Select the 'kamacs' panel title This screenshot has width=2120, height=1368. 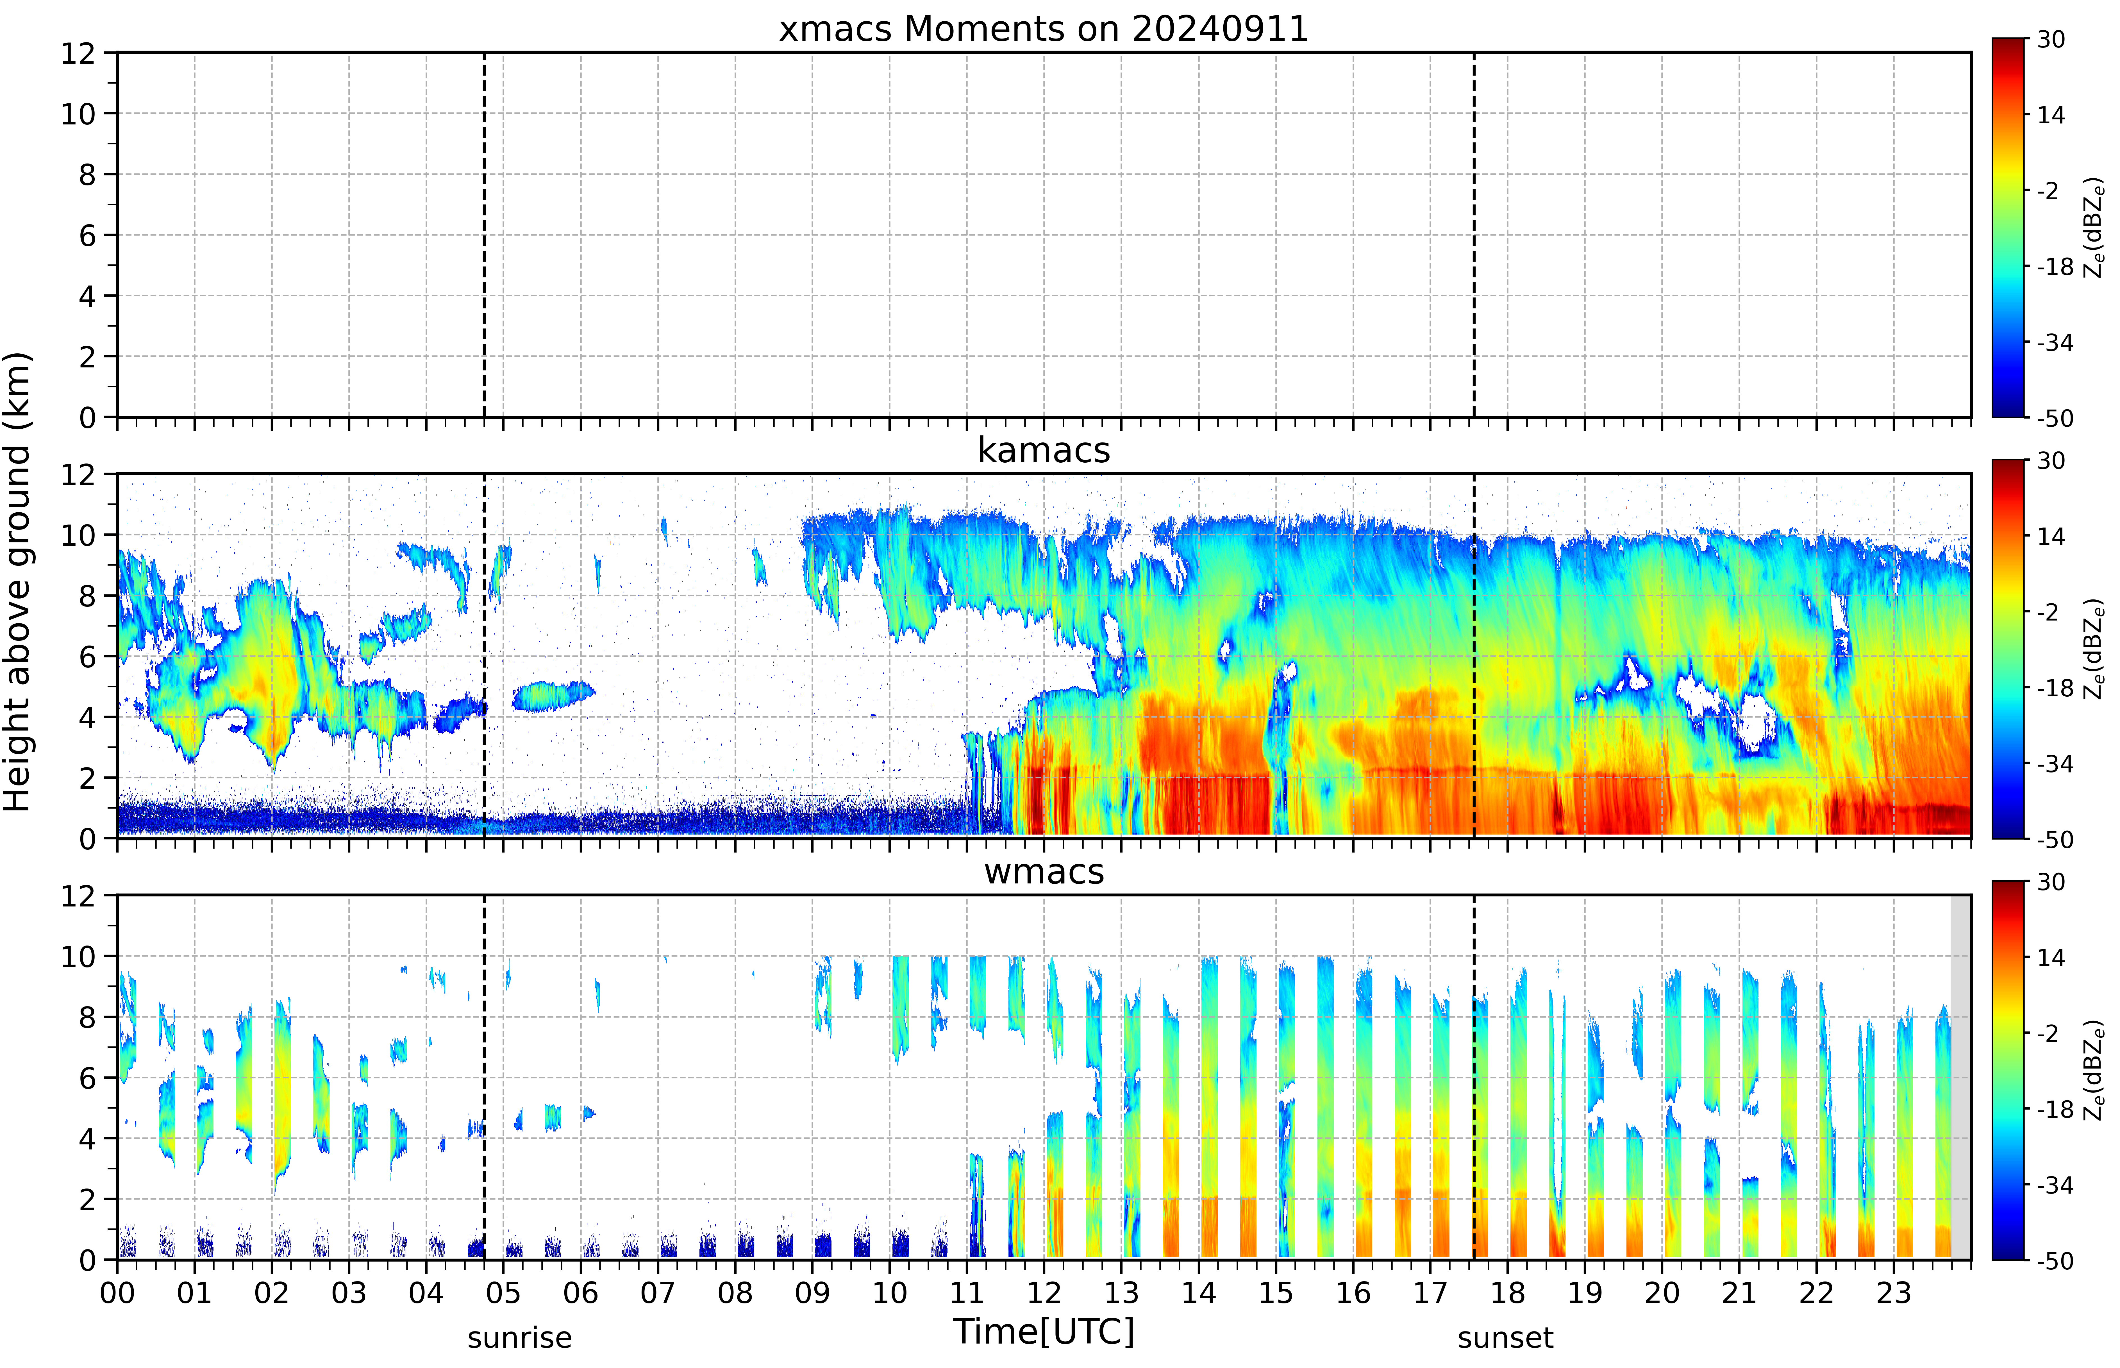[1044, 450]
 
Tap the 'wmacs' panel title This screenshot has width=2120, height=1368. [1044, 871]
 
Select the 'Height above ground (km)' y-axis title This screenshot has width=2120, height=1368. [18, 582]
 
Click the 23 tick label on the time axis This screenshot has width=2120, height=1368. [1894, 1292]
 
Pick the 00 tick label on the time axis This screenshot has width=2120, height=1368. [117, 1292]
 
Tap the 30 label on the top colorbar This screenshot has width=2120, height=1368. [2051, 39]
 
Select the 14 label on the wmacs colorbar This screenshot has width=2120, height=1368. [2051, 958]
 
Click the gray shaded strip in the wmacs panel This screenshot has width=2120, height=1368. [1960, 1077]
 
